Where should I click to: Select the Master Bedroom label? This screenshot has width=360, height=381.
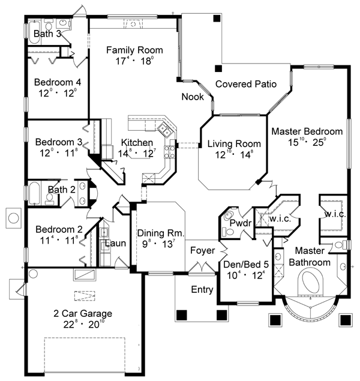tap(307, 131)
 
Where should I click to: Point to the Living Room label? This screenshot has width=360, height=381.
tap(234, 144)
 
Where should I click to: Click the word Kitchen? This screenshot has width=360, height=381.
tap(136, 142)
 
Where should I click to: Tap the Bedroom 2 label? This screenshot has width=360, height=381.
tap(58, 229)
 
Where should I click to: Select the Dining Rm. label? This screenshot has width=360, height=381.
tap(160, 233)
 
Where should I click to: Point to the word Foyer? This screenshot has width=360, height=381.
tap(202, 250)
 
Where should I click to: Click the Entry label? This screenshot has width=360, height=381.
tap(202, 290)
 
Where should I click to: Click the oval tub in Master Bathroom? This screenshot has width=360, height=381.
tap(310, 283)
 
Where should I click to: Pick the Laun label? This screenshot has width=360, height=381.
tap(115, 244)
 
